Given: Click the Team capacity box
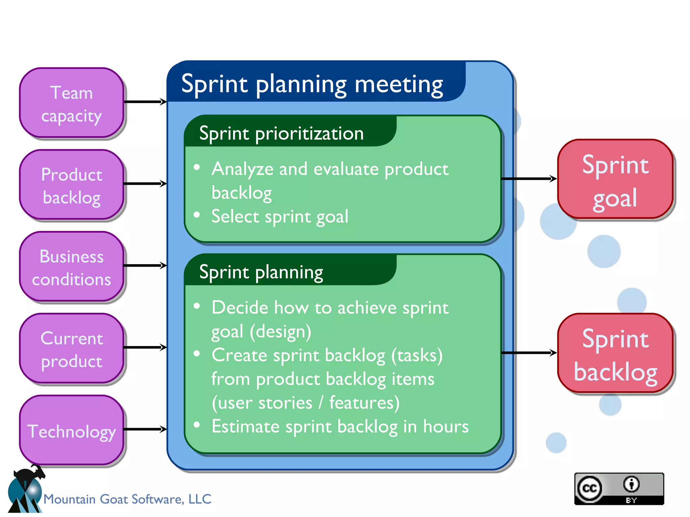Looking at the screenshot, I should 71,103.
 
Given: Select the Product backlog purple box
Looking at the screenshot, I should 71,185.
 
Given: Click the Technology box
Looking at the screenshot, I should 71,430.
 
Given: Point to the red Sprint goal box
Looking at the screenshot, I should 615,179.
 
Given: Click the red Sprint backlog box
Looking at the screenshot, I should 615,353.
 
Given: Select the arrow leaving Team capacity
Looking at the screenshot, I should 145,102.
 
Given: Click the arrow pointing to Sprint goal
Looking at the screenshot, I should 528,179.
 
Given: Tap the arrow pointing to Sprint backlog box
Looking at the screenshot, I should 528,353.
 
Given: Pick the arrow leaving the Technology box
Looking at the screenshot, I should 145,429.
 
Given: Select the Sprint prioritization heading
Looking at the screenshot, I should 282,133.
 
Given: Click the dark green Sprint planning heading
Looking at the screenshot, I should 261,272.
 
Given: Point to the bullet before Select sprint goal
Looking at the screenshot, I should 197,215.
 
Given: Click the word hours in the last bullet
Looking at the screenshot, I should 446,426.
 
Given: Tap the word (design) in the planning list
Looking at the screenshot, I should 280,332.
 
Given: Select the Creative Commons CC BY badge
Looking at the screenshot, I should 619,489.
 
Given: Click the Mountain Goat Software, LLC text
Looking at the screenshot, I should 127,499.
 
